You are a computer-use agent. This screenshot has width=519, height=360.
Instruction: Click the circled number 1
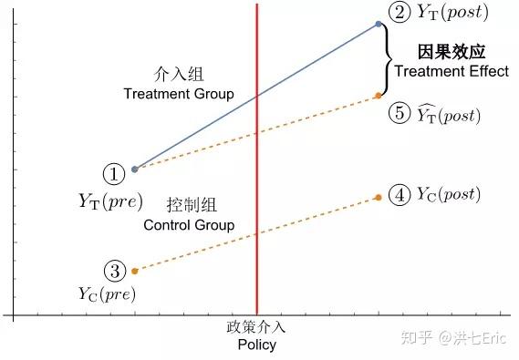(113, 173)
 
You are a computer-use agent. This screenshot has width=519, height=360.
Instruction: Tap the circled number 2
(400, 13)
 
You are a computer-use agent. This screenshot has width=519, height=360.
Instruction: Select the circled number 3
(113, 271)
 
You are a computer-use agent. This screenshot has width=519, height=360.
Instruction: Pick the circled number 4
(400, 194)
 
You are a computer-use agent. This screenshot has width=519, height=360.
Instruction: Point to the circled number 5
(400, 114)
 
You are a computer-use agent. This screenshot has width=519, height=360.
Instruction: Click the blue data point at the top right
(379, 24)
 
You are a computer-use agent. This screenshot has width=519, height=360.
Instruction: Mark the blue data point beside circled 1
(135, 169)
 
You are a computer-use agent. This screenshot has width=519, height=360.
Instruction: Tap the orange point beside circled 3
(135, 271)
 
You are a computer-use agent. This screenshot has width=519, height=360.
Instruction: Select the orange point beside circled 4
(379, 197)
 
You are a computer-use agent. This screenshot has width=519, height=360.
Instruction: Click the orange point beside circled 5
(379, 96)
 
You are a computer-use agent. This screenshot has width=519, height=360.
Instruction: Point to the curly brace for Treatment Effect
(388, 60)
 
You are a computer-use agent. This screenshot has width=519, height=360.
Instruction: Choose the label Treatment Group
(179, 94)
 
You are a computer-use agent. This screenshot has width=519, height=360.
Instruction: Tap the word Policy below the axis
(256, 345)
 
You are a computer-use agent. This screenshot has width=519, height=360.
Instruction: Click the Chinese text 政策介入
(256, 327)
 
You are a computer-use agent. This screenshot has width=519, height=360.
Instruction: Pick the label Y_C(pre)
(107, 293)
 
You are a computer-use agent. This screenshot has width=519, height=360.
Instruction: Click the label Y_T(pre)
(107, 201)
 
